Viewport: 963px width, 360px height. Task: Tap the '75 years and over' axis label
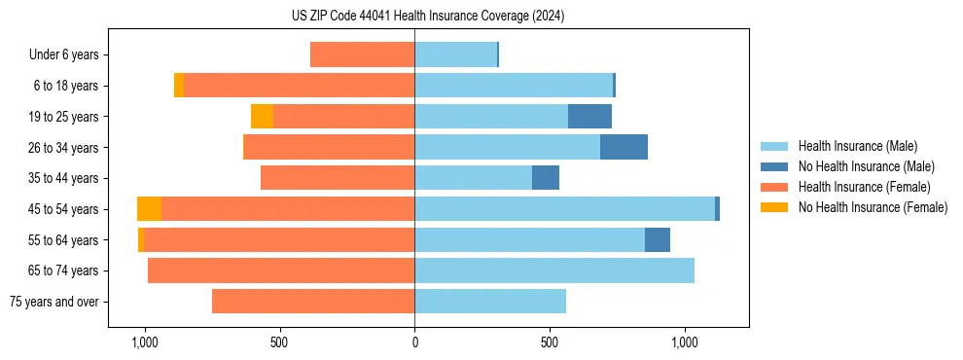(53, 302)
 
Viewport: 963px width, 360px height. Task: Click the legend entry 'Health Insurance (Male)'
(857, 146)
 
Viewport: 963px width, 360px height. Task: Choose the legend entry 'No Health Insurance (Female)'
(873, 207)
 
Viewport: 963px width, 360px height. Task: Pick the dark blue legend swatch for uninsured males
(774, 166)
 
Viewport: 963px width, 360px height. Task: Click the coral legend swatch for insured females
(774, 187)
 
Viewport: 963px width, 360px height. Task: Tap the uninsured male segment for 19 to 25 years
(589, 117)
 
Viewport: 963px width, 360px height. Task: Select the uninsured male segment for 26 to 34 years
(624, 148)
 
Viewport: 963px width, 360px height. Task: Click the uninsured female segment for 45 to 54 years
(149, 209)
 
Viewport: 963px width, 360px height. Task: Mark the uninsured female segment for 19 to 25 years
(262, 117)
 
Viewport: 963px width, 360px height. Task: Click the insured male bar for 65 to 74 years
(554, 270)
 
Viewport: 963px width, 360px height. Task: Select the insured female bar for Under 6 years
(362, 55)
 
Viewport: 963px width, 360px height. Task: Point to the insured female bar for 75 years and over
(313, 302)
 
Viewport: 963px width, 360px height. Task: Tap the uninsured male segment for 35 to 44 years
(546, 178)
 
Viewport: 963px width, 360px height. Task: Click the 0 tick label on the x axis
(414, 342)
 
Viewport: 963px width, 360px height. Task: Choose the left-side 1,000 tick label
(145, 342)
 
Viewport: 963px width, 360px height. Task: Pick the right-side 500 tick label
(550, 342)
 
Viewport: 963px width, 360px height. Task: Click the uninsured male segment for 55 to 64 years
(658, 240)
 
